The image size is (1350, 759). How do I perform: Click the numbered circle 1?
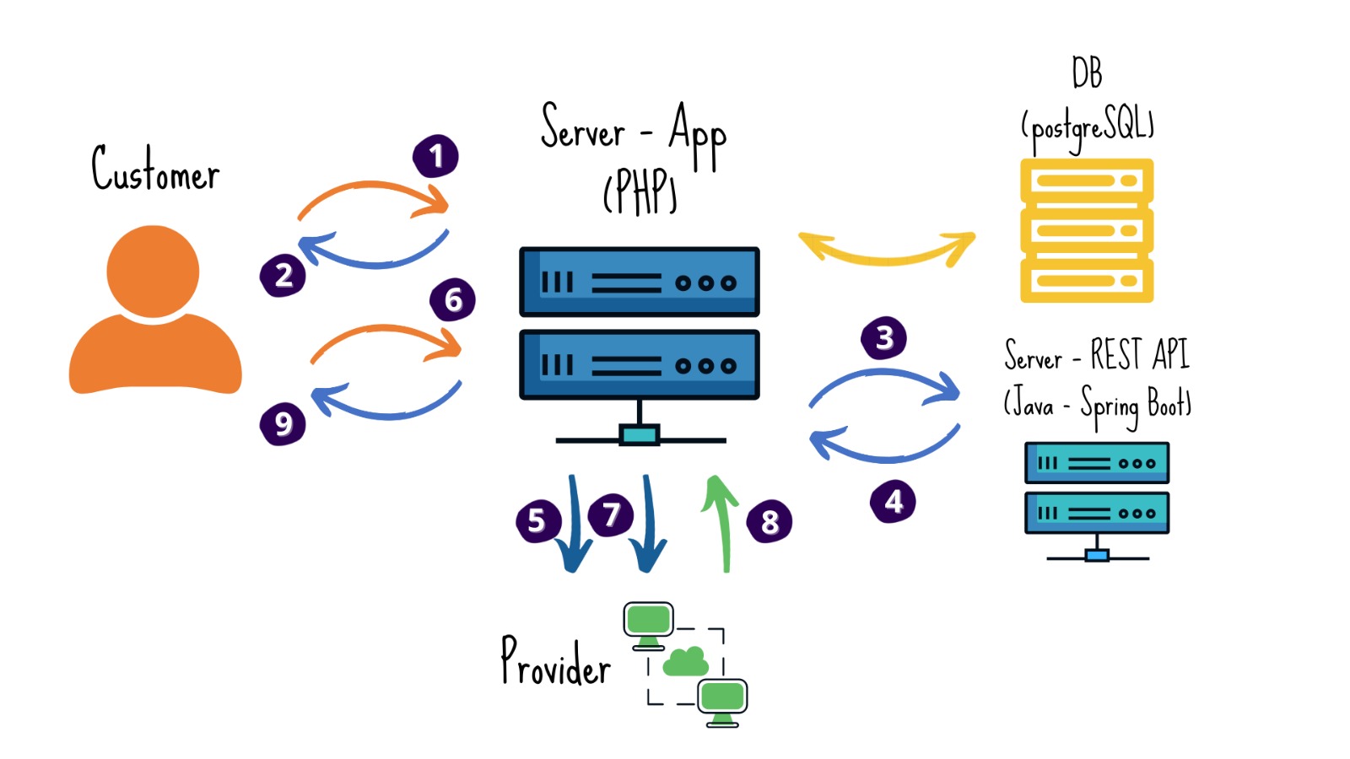coord(435,156)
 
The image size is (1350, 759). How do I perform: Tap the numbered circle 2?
coord(283,275)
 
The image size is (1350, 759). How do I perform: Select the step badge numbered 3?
coord(883,338)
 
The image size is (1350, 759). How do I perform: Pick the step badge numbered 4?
coord(893,502)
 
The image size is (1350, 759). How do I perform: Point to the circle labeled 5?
coord(537,520)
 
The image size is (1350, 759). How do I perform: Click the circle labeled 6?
coord(453,299)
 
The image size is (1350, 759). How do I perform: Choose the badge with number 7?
coord(611,514)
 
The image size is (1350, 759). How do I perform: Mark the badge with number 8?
coord(769,521)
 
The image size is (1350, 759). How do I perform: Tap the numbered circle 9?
coord(283,423)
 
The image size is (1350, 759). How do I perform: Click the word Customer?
coord(155,169)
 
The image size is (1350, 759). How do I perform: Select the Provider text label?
coord(555,662)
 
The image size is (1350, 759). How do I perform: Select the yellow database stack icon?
coord(1087,230)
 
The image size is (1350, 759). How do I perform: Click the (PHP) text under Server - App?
coord(640,191)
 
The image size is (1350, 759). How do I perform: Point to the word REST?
coord(1115,354)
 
